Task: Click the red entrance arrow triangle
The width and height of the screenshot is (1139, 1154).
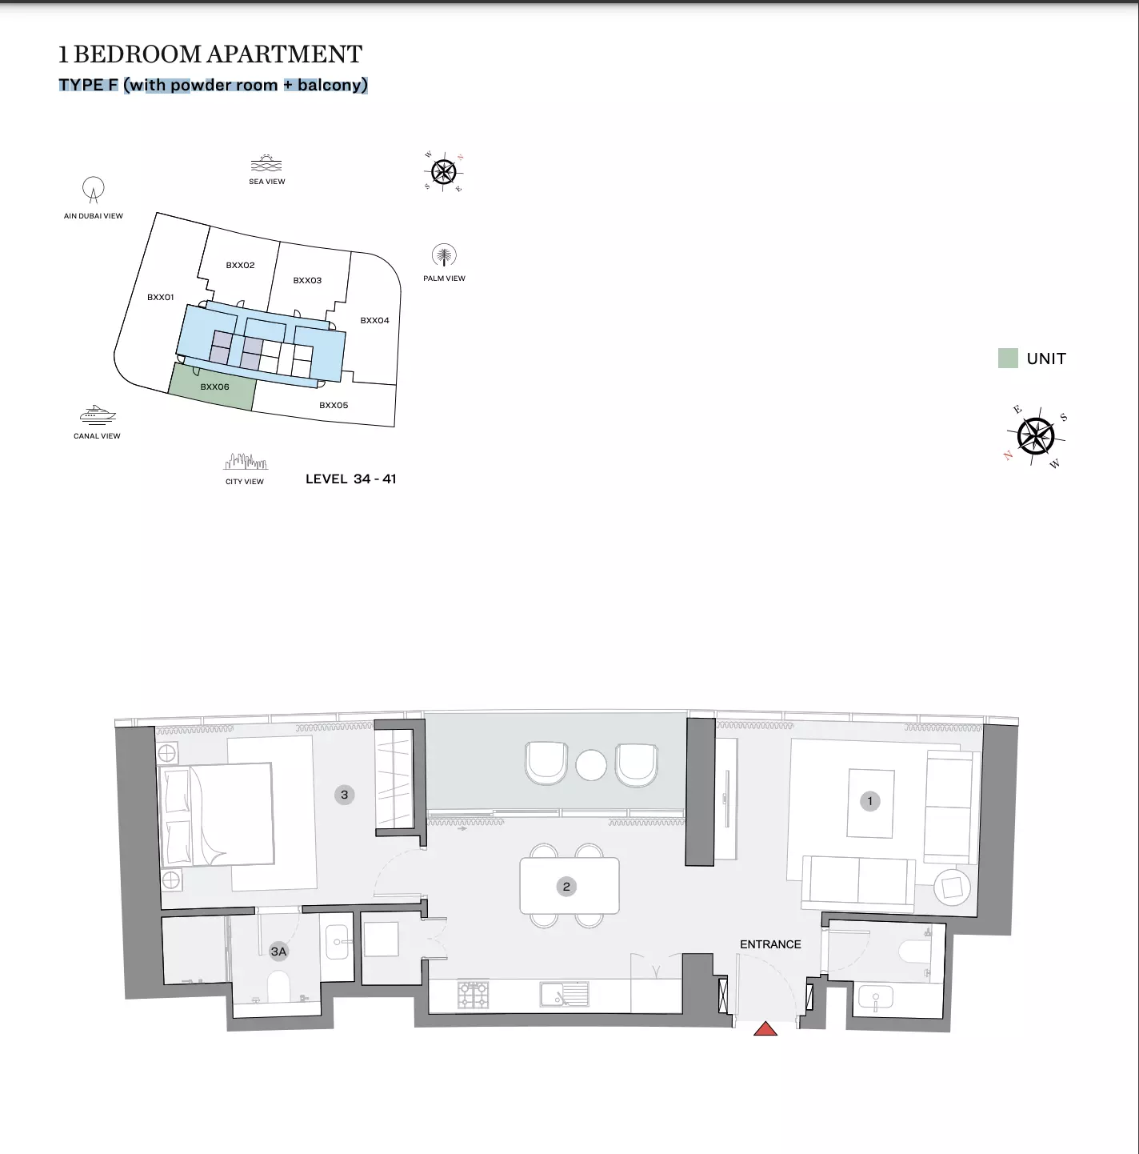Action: coord(765,1029)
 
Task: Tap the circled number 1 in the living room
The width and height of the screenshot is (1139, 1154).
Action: coord(870,801)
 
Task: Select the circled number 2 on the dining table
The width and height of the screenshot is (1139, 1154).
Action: coord(566,887)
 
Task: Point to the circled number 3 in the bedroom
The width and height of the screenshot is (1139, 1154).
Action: coord(344,795)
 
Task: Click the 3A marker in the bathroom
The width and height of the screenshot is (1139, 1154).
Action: coord(278,951)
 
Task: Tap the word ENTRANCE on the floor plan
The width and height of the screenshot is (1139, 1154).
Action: coord(770,944)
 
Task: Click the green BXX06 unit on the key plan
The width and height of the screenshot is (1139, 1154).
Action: coord(211,387)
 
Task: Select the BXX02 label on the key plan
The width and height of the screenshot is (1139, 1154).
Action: coord(240,266)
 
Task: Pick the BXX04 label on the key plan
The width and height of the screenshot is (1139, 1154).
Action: coord(375,320)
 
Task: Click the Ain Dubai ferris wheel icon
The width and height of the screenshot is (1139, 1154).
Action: coord(94,190)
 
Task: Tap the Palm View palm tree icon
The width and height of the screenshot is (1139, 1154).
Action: coord(444,256)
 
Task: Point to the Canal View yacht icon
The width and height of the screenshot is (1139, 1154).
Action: coord(97,415)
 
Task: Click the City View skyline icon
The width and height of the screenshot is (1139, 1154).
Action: coord(246,461)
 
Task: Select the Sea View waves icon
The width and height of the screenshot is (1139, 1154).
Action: coord(266,163)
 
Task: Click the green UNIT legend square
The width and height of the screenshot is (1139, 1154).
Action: coord(1008,358)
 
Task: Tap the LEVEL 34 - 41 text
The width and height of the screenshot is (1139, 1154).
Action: coord(351,479)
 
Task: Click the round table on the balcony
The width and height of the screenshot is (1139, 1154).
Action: coord(591,765)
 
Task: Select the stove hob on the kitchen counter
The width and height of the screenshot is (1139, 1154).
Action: coord(473,995)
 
